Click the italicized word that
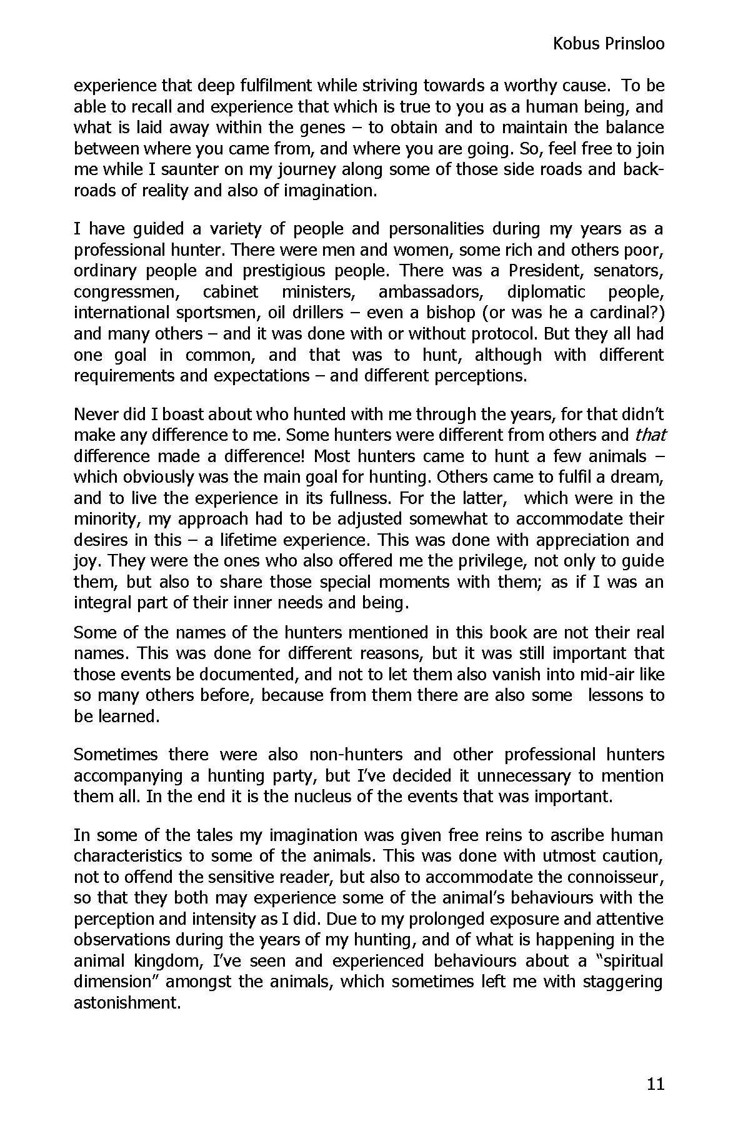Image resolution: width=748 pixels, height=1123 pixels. [x=650, y=435]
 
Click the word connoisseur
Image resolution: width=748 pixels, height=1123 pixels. [x=607, y=877]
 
